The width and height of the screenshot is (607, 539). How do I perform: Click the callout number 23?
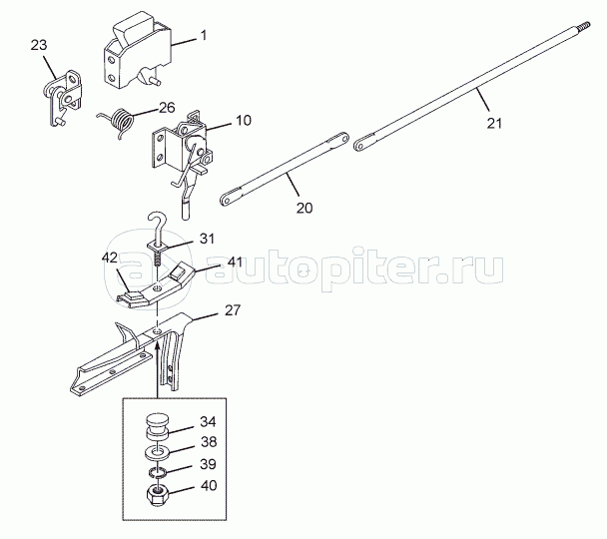point(39,45)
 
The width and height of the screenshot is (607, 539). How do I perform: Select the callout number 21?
point(494,124)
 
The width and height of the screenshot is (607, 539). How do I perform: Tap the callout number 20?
point(304,208)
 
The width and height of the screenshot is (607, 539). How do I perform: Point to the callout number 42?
point(110,258)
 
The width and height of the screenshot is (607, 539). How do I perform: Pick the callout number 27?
point(233,310)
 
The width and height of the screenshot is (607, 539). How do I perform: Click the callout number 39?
point(208,464)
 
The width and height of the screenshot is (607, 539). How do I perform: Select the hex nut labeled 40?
point(156,495)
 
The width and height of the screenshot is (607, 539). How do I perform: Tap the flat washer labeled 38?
point(157,452)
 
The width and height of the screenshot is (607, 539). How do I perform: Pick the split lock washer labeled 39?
point(158,472)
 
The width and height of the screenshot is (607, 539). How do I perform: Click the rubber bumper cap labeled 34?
point(157,426)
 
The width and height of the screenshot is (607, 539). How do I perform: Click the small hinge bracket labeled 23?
point(62,97)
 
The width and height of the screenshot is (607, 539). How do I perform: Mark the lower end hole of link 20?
point(225,200)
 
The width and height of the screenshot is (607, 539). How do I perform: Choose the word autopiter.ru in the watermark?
point(353,269)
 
